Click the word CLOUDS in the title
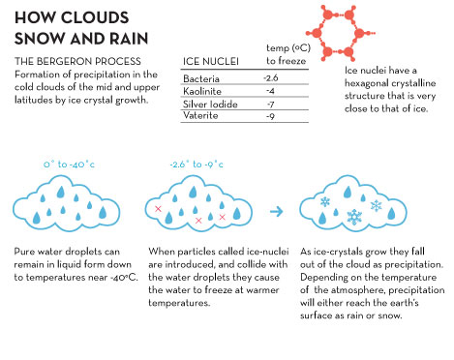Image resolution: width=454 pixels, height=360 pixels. point(94,17)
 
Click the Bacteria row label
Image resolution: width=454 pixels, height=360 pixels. point(201,78)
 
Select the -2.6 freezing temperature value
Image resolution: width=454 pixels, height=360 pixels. point(271,77)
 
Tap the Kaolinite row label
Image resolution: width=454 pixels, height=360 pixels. point(202,91)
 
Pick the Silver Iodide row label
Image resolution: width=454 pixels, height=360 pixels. point(210,104)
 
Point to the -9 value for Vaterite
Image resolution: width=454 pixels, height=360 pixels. point(270,115)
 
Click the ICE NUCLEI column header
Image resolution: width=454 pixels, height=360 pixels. point(211,61)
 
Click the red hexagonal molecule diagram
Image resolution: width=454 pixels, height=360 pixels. point(340,33)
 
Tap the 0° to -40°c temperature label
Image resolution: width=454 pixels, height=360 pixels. point(69,165)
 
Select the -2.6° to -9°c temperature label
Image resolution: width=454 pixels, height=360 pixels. point(197,165)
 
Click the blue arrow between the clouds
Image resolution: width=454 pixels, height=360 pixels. point(277,212)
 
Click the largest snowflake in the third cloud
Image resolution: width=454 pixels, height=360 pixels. point(354,217)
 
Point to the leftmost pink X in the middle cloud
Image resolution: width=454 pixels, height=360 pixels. point(158,209)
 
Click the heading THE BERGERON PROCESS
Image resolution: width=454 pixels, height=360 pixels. point(77,61)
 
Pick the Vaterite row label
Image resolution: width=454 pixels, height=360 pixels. point(200,115)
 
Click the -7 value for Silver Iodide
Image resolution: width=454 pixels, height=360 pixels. point(270,104)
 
